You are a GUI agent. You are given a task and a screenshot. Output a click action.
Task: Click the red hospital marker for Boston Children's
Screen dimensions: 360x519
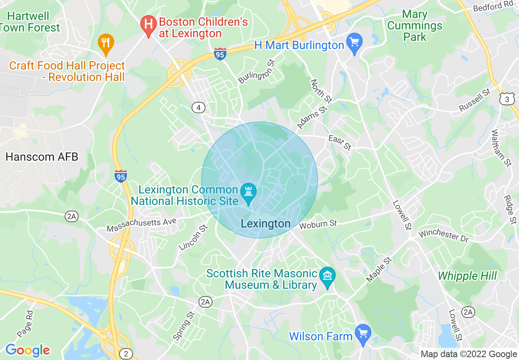coord(148,25)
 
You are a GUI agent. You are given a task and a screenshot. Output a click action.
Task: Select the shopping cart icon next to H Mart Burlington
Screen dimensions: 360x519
coord(354,43)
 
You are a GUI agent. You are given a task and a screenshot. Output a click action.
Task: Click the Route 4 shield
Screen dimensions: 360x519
coord(198,108)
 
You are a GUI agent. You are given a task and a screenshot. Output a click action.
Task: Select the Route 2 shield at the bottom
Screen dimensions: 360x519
coord(126,353)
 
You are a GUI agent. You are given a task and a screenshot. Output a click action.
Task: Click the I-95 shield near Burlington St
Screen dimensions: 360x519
coord(220,54)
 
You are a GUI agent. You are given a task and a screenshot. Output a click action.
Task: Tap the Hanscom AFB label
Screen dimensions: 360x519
coord(42,157)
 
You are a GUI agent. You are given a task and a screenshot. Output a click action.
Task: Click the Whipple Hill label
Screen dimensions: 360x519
coord(467,276)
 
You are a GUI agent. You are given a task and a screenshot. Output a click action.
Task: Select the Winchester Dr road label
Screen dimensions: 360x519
coord(443,236)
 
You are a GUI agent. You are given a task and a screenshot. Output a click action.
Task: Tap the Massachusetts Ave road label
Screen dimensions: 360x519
coord(141,225)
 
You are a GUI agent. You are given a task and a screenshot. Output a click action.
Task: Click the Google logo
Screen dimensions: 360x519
coord(27,350)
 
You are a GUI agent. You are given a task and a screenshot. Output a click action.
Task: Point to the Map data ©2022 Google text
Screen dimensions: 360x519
coord(469,354)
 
